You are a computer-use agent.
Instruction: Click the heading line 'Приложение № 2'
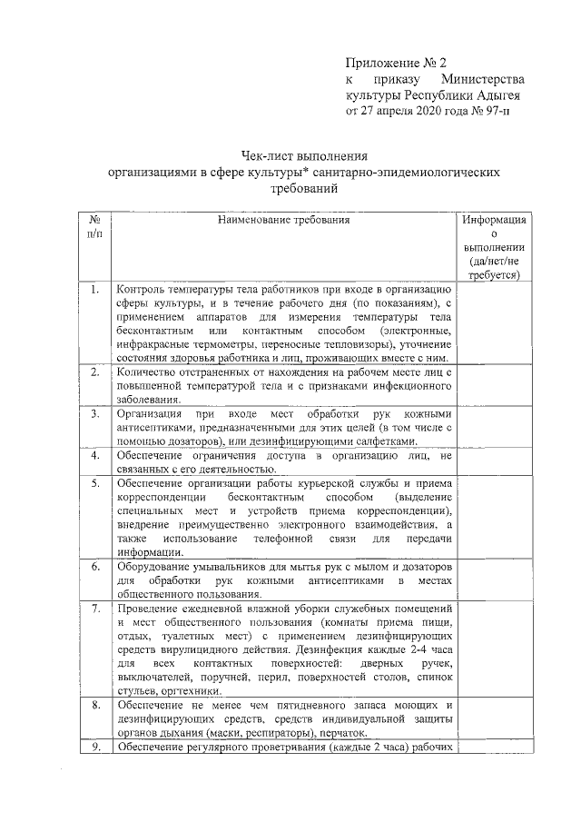click(397, 64)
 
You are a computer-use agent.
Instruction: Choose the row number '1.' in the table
click(94, 290)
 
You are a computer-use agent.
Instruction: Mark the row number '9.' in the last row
click(94, 747)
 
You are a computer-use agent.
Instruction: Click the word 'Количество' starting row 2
click(148, 372)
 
